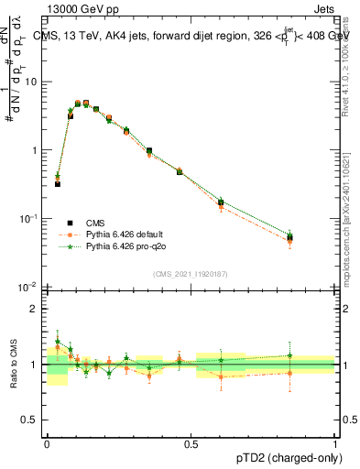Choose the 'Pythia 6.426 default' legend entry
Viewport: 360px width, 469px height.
119,234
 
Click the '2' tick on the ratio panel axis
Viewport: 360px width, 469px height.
36,309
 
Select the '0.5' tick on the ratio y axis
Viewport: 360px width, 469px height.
31,420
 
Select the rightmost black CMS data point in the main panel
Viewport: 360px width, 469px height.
290,238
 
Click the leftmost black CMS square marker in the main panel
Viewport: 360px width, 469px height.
57,184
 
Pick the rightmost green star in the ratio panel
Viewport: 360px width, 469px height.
290,355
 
